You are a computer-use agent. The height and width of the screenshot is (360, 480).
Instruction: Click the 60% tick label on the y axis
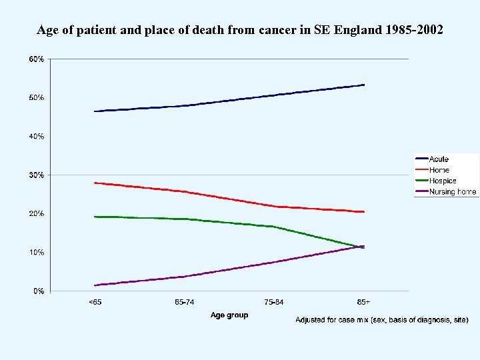(37, 59)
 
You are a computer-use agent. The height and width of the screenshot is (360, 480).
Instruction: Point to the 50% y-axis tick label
(37, 98)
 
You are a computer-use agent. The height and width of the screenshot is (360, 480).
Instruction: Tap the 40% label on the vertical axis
(37, 137)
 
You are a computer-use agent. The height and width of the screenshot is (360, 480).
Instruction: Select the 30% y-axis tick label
(37, 175)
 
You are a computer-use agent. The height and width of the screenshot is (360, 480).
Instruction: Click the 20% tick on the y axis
(37, 214)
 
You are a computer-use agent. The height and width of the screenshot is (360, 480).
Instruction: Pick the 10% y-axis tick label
(37, 253)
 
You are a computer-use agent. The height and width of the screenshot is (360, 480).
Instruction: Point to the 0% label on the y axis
(39, 291)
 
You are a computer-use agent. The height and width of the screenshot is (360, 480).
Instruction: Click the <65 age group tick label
(95, 303)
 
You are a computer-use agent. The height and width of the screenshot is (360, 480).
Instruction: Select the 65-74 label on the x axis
(185, 303)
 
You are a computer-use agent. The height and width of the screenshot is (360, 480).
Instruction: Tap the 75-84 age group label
(274, 303)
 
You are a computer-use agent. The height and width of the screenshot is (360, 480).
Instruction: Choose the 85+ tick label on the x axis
(363, 303)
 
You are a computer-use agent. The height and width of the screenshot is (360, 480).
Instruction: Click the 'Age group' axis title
(229, 315)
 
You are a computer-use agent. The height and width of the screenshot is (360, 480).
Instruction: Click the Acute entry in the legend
(439, 159)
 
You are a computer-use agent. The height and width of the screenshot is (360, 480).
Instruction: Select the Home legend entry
(439, 170)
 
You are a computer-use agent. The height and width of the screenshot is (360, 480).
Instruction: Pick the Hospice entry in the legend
(443, 181)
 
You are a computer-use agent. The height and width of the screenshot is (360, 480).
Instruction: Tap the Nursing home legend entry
(453, 192)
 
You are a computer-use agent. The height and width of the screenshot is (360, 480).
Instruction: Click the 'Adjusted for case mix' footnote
(381, 321)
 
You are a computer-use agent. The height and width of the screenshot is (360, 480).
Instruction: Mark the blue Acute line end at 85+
(363, 85)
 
